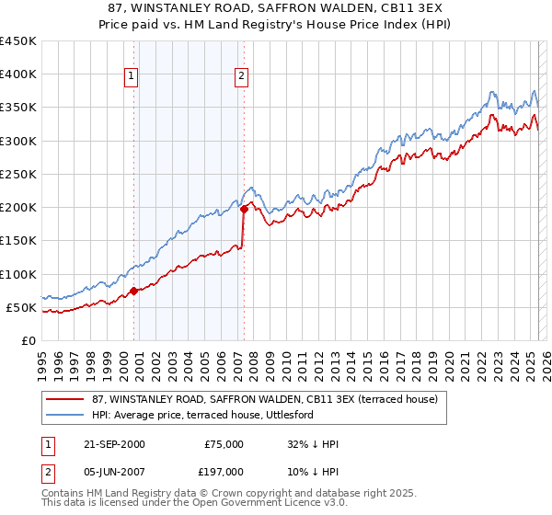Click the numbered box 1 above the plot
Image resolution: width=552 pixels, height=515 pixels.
tap(132, 77)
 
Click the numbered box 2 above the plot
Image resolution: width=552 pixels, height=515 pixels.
tap(241, 77)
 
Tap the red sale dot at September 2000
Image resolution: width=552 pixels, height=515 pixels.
tap(133, 291)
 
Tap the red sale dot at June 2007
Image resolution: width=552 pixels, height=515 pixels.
tap(244, 210)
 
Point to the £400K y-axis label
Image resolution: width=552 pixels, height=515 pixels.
tap(18, 74)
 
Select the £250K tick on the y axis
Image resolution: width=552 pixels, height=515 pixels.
tap(18, 174)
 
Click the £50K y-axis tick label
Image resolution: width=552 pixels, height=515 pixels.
tap(22, 307)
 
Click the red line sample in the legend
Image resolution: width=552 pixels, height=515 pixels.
tap(64, 398)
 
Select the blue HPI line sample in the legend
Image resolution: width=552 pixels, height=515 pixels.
tap(64, 415)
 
